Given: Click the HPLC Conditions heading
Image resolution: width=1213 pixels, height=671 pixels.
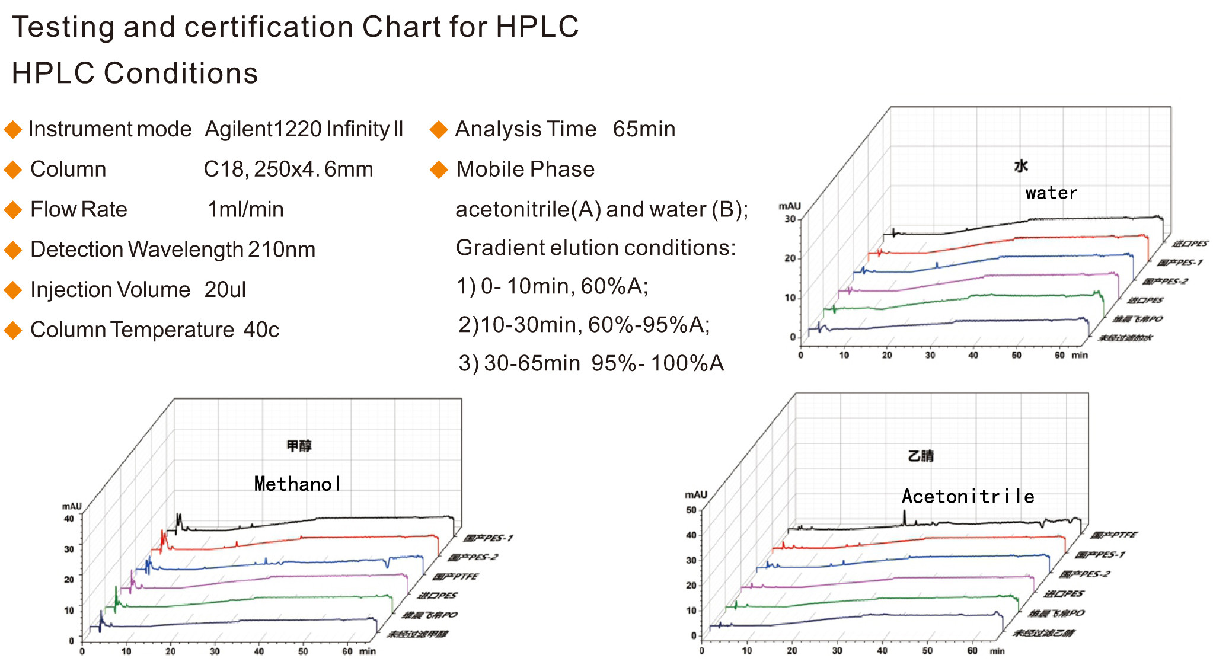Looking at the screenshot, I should [x=135, y=74].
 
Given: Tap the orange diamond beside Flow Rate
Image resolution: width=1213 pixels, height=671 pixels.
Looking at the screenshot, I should [x=12, y=210].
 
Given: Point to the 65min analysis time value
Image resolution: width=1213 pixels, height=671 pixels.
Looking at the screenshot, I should [x=644, y=129].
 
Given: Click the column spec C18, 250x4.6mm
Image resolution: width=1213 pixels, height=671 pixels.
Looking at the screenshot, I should [x=288, y=170].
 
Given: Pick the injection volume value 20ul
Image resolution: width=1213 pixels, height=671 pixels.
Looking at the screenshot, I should [x=225, y=290].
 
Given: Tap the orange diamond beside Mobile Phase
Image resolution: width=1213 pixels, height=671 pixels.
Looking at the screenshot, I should [x=439, y=170].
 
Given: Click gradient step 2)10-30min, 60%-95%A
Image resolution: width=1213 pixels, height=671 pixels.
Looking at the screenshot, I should [x=584, y=325].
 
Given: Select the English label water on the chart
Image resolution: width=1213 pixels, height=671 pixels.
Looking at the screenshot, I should [x=1051, y=193].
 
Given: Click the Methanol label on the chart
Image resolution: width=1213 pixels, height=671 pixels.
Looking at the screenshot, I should [x=297, y=484].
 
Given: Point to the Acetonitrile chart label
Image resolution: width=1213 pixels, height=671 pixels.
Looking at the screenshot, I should [x=968, y=496].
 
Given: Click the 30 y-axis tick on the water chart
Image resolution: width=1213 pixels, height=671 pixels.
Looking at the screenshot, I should [x=790, y=219].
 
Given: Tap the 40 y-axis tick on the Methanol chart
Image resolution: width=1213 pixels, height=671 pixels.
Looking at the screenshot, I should [x=69, y=519].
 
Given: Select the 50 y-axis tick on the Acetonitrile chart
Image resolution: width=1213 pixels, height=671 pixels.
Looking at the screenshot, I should [x=691, y=510].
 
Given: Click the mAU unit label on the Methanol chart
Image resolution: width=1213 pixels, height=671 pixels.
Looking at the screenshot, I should [x=72, y=506].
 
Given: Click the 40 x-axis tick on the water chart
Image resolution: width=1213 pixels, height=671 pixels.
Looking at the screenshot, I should [x=973, y=355].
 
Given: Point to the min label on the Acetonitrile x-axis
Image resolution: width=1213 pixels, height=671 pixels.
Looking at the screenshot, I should [x=997, y=651].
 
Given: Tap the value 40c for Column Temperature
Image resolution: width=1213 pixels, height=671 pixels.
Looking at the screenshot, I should [x=261, y=330].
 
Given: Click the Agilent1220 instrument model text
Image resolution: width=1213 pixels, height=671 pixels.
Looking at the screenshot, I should [x=304, y=129].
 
